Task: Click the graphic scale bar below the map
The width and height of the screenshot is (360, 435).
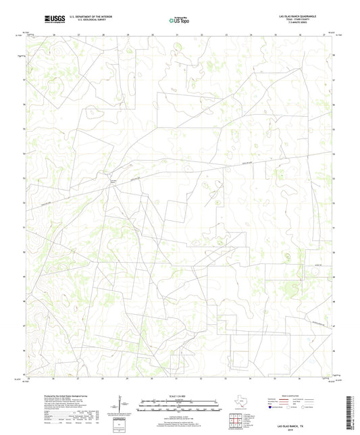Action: [x=179, y=407]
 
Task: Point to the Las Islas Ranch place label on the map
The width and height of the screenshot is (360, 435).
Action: [x=114, y=182]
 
